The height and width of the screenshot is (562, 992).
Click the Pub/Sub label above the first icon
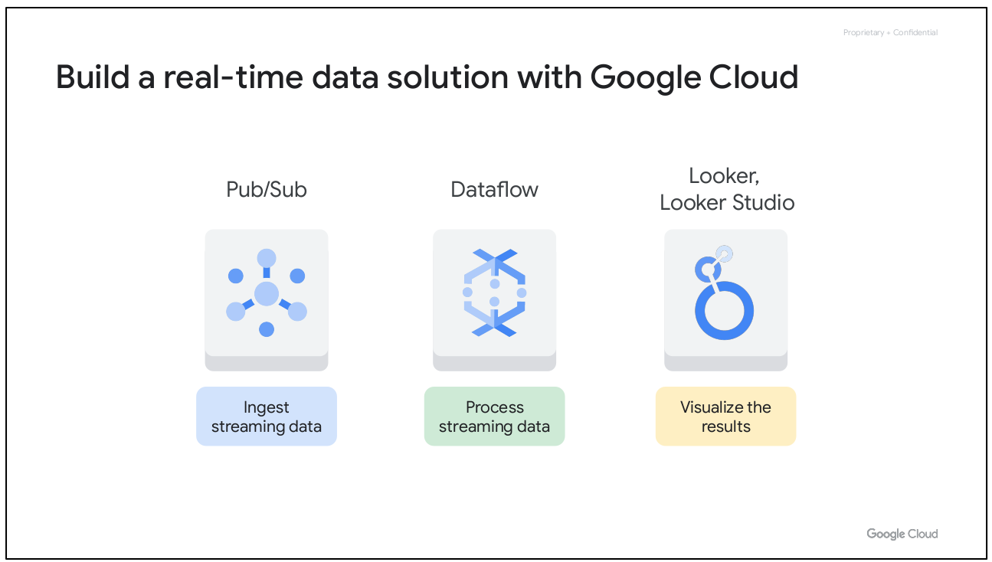(267, 190)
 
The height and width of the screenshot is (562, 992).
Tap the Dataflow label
(494, 190)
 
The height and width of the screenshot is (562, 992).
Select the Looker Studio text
(726, 203)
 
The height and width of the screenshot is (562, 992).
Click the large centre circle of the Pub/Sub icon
(267, 293)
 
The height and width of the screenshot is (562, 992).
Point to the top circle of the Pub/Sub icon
(267, 257)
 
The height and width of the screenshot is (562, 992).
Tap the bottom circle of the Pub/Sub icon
(267, 329)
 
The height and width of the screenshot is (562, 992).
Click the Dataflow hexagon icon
(494, 292)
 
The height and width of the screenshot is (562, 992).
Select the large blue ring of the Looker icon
(724, 311)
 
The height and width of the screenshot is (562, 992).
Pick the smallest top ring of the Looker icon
(724, 253)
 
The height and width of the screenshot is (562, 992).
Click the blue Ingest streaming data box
(267, 417)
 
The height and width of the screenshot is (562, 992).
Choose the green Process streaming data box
(494, 417)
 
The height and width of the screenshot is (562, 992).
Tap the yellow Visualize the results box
(725, 417)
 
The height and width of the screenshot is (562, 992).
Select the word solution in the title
(482, 78)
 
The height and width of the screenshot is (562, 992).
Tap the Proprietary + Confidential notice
(890, 33)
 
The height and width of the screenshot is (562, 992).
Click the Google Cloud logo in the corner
(902, 534)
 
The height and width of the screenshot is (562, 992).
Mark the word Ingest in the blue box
(266, 407)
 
